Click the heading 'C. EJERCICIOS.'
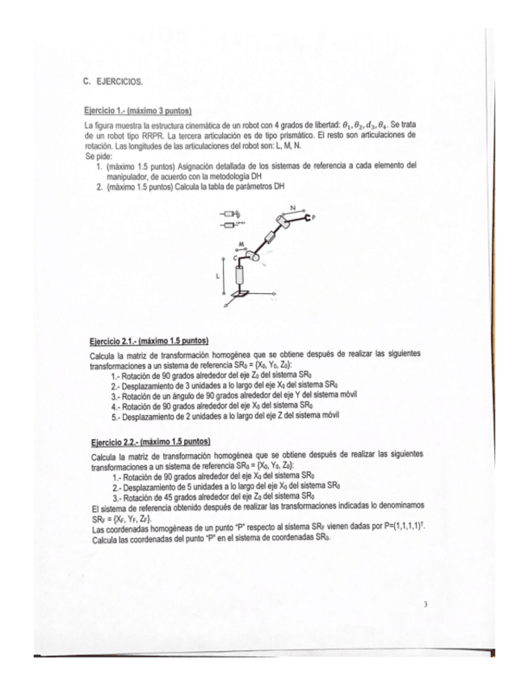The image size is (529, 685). pos(112,82)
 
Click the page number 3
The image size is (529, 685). pos(424,602)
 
